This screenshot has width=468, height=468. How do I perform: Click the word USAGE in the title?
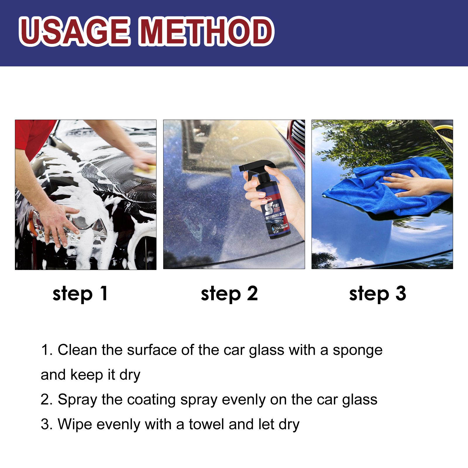(x=75, y=31)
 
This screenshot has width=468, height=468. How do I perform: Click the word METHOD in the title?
(x=206, y=31)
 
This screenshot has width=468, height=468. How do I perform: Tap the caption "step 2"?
(x=229, y=294)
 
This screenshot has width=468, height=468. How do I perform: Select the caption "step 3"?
(x=378, y=294)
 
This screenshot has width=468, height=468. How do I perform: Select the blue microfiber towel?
(x=380, y=193)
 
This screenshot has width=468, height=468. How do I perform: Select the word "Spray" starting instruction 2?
(x=78, y=400)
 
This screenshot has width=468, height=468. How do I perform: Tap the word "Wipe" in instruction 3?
(x=75, y=424)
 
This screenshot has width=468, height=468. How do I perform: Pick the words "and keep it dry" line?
(x=90, y=375)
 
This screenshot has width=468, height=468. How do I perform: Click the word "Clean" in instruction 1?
(x=77, y=350)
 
